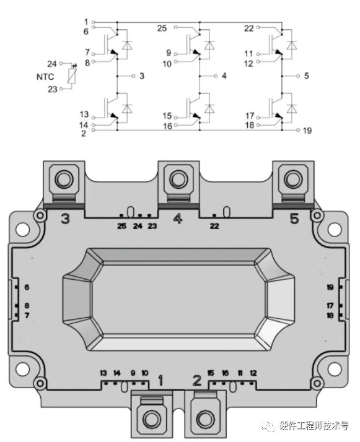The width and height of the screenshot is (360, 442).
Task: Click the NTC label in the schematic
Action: point(45,76)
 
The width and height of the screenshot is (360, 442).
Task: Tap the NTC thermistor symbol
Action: point(72,76)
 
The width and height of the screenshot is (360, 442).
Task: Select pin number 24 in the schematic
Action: point(52,64)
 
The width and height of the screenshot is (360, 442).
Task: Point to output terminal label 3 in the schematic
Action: point(142,76)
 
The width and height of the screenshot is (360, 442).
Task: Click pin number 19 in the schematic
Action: point(307,131)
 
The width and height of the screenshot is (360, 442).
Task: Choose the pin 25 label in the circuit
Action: point(162,28)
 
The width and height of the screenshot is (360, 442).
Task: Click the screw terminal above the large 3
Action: point(64,180)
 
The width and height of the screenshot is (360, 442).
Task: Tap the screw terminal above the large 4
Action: point(178,180)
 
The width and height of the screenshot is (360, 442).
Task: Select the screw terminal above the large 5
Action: point(294,180)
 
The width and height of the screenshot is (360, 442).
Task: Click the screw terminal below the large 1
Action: point(152,417)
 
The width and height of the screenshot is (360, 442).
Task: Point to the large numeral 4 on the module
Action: point(177,218)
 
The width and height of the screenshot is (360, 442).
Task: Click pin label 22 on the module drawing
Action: point(214,226)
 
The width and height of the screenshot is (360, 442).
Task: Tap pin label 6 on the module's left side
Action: point(27,287)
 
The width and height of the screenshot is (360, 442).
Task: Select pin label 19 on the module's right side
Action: point(330,287)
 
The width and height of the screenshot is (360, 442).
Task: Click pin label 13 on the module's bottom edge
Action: point(103,373)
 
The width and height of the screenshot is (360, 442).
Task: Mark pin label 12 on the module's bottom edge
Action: point(253,373)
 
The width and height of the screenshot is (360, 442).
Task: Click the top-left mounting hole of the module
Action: point(23,230)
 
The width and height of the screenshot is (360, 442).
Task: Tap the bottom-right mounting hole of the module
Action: point(335,368)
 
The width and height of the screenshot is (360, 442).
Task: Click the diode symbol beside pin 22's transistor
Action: point(291,45)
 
